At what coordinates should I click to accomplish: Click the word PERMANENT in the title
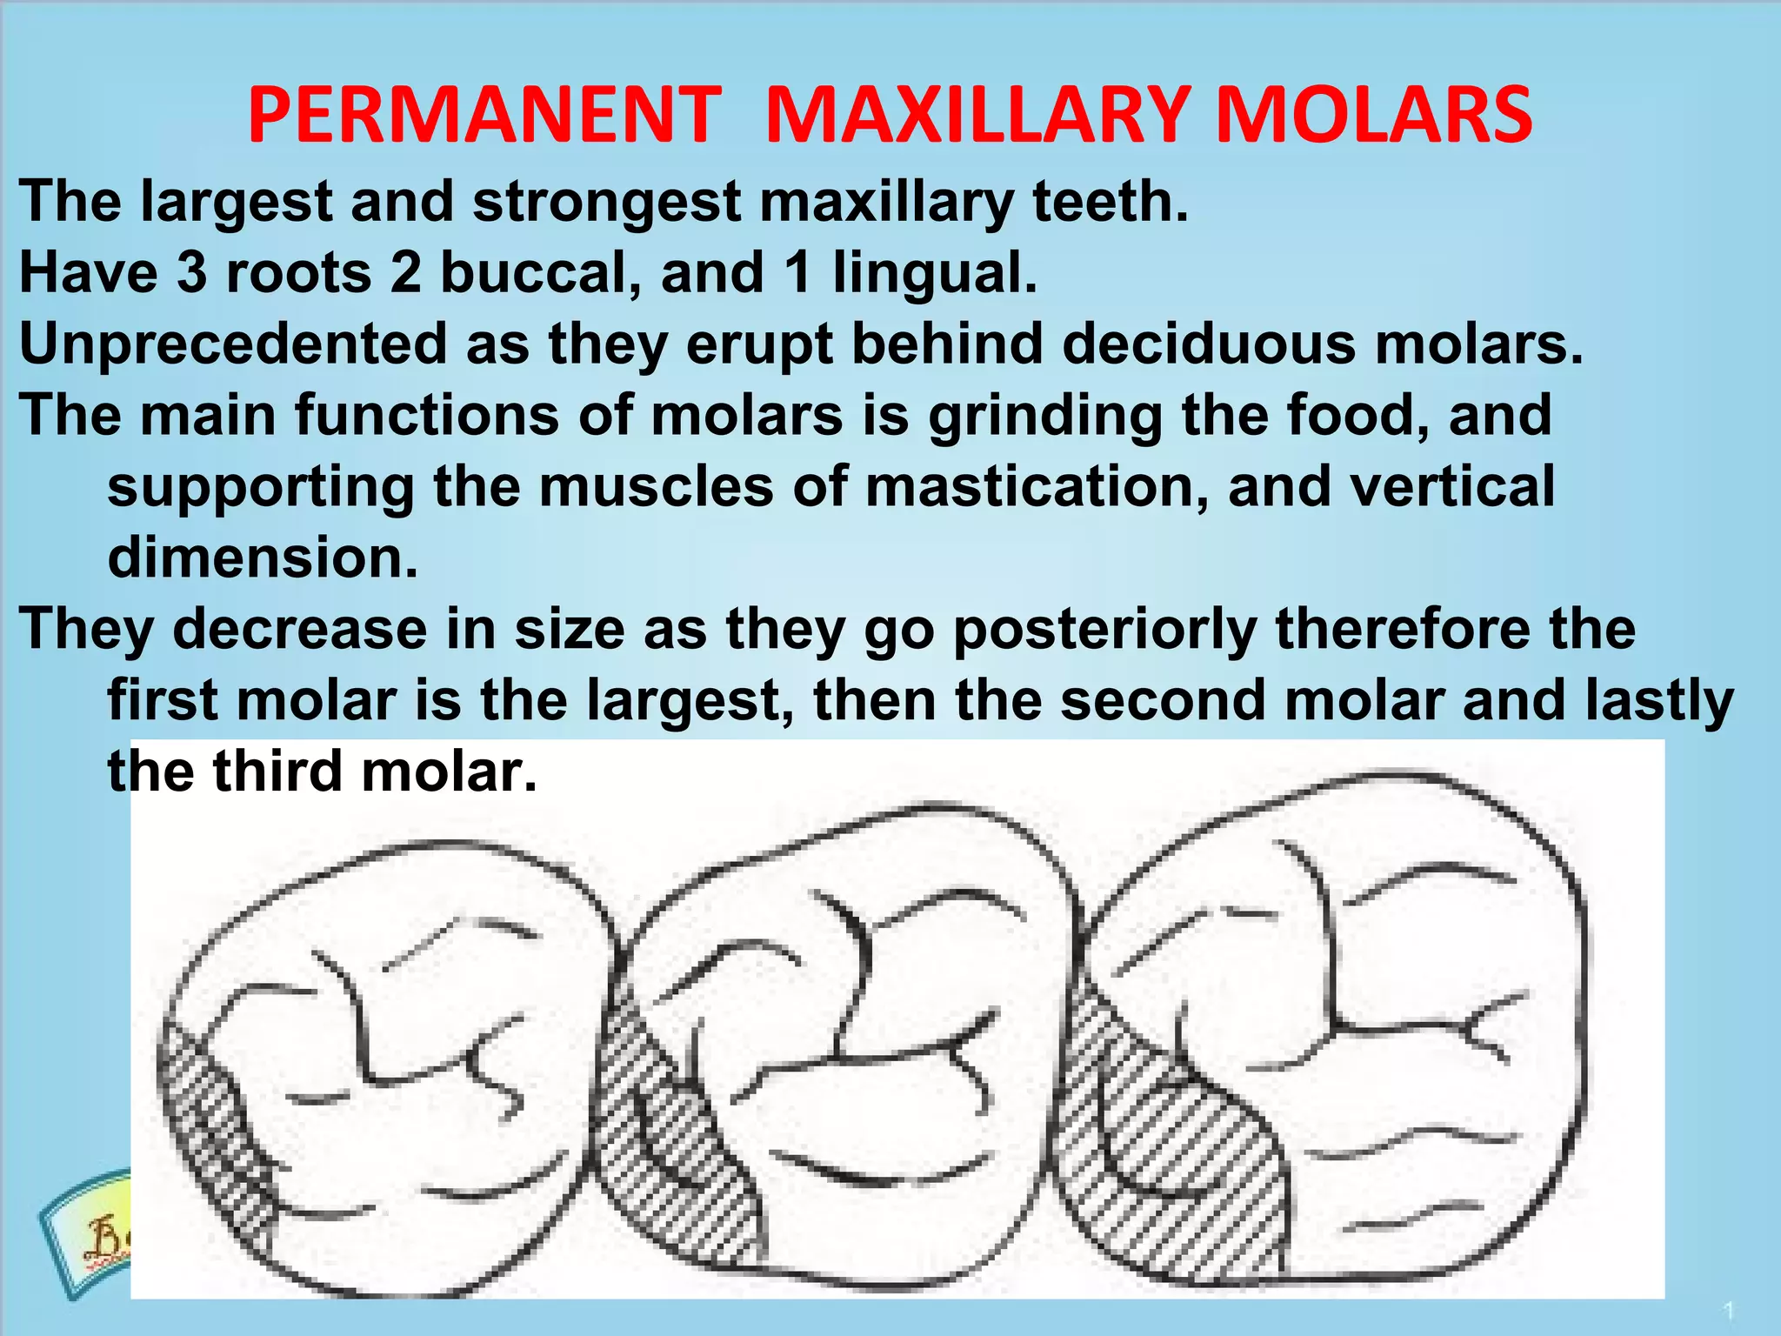484,117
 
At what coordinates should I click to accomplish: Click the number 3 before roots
191,273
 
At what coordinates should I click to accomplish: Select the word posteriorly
1105,630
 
